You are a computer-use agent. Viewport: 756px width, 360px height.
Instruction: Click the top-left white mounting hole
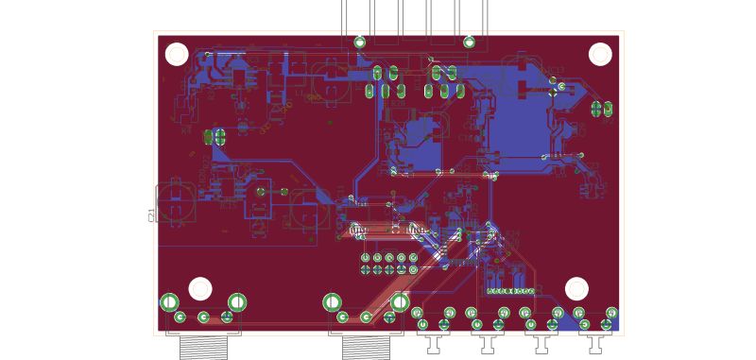coord(177,54)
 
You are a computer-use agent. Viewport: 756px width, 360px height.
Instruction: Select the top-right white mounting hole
coord(600,54)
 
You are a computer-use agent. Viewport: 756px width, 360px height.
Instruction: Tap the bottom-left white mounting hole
coord(200,288)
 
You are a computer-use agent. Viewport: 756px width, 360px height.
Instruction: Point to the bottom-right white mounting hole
coord(576,288)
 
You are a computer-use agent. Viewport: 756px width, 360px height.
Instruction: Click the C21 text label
coord(152,215)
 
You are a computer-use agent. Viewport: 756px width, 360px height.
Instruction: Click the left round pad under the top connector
coord(360,42)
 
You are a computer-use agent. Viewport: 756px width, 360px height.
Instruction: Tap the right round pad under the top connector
coord(470,42)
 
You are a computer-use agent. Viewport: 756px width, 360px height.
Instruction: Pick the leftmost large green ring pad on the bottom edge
coord(169,302)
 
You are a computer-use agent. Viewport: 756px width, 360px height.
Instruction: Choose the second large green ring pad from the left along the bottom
coord(237,302)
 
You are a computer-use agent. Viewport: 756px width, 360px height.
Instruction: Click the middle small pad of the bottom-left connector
coord(203,317)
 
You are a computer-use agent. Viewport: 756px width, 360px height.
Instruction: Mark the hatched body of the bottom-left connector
coord(203,347)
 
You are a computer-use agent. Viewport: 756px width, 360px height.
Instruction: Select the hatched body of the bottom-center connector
coord(366,347)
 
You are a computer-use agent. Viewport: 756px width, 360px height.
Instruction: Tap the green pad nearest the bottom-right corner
coord(607,325)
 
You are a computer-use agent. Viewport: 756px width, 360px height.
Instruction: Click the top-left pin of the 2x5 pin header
coord(366,257)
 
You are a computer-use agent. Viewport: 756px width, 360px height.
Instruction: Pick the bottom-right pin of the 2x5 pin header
coord(413,269)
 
